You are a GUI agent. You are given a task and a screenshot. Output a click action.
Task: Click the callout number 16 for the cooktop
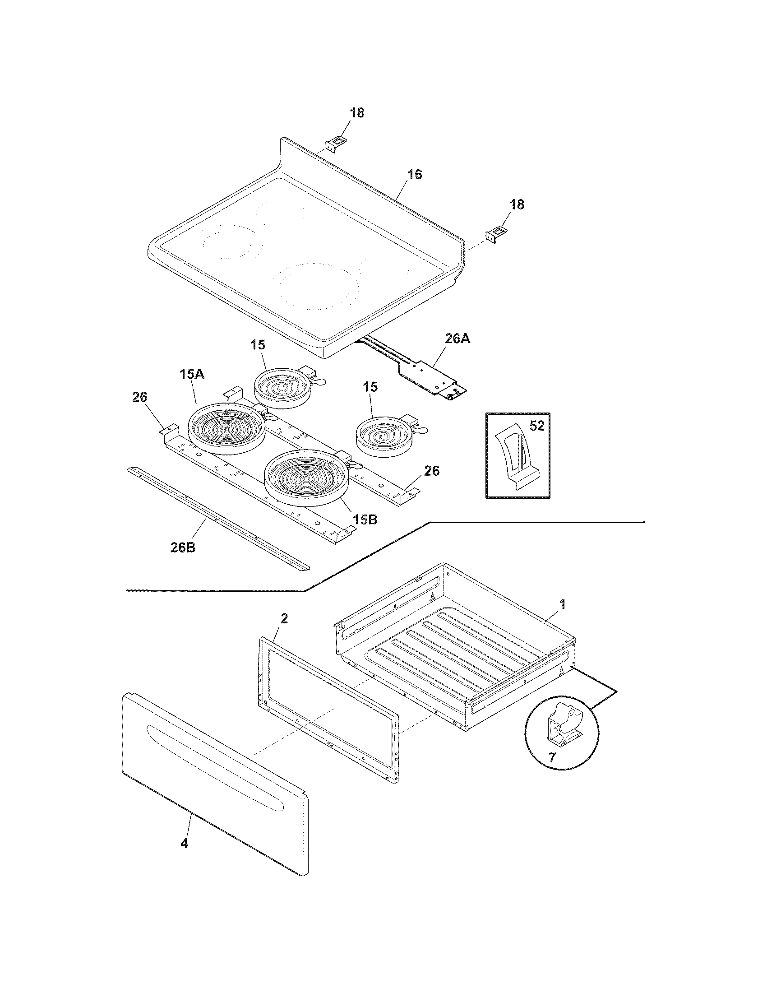pyautogui.click(x=414, y=175)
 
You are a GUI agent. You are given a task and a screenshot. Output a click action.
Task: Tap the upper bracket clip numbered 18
pyautogui.click(x=335, y=145)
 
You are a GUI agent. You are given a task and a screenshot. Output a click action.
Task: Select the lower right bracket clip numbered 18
pyautogui.click(x=496, y=235)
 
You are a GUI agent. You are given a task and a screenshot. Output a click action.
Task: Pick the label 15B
pyautogui.click(x=365, y=519)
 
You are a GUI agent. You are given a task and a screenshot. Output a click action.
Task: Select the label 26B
pyautogui.click(x=183, y=548)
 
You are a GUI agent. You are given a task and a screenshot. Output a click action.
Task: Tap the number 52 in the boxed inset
pyautogui.click(x=537, y=426)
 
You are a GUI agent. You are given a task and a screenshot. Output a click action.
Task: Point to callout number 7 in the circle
pyautogui.click(x=552, y=758)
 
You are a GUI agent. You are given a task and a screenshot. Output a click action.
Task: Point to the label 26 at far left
pyautogui.click(x=139, y=397)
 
